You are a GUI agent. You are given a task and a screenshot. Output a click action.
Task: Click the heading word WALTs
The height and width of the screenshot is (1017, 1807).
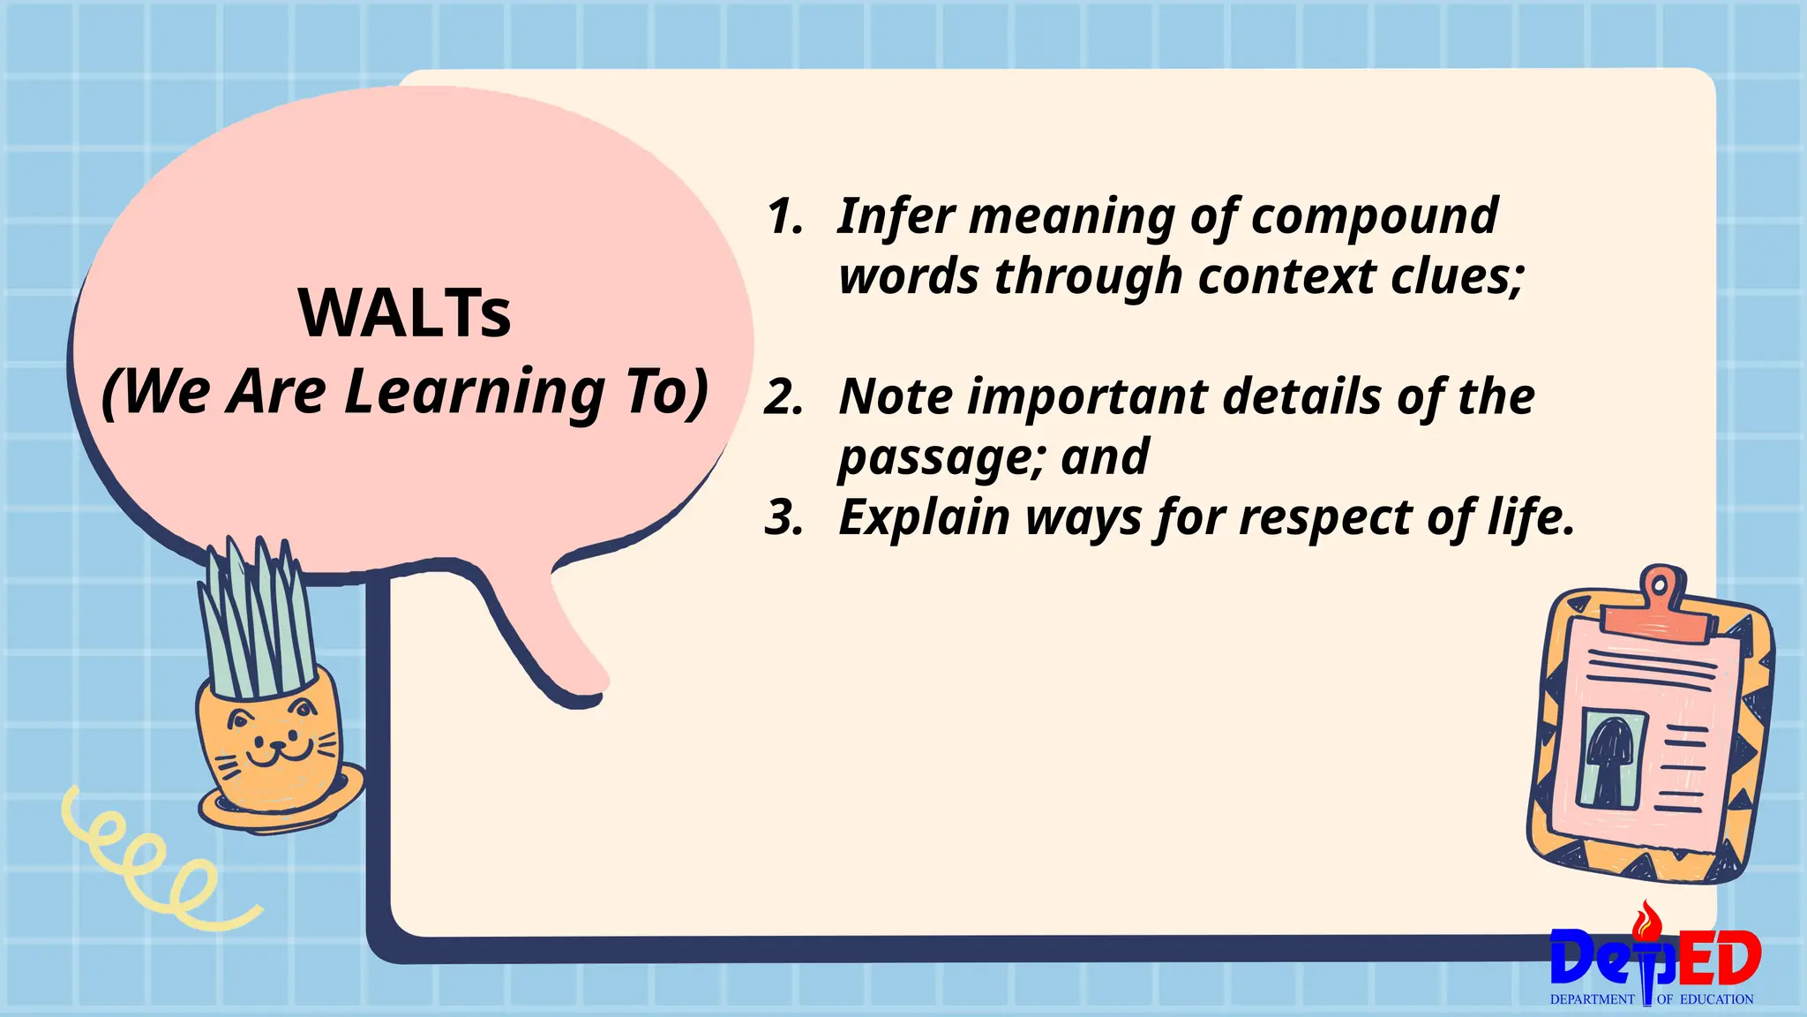[405, 313]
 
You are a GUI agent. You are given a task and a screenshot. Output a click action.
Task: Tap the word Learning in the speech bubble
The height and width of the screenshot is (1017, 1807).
[475, 391]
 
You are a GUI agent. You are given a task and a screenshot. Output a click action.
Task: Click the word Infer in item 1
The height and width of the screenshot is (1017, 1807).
[895, 215]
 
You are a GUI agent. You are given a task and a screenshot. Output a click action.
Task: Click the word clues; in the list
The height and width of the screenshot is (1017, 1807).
[1457, 276]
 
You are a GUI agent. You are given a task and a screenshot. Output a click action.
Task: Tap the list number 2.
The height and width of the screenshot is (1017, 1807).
[784, 397]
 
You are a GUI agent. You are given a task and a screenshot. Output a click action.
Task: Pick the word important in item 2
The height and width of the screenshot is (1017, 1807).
[1087, 397]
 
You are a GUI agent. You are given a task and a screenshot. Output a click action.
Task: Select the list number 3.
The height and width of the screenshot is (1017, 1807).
[784, 517]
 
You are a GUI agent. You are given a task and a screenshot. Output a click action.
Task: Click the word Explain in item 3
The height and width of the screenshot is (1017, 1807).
[924, 518]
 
